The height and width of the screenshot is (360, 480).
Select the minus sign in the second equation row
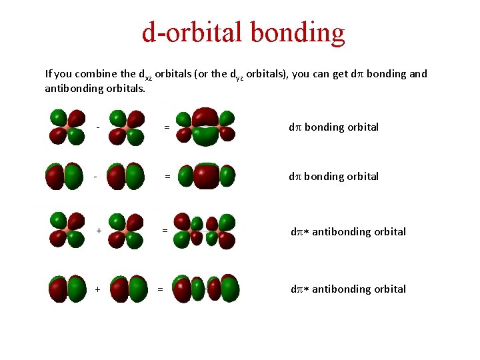pyautogui.click(x=96, y=177)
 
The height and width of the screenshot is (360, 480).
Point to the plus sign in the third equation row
pyautogui.click(x=99, y=231)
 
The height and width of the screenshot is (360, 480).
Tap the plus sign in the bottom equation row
pyautogui.click(x=98, y=289)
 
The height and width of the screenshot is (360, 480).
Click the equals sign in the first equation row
pyautogui.click(x=167, y=127)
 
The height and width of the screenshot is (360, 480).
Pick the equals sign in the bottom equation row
pyautogui.click(x=159, y=289)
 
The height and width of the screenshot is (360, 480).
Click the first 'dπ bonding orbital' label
pyautogui.click(x=333, y=127)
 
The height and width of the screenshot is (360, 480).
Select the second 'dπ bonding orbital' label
pyautogui.click(x=333, y=176)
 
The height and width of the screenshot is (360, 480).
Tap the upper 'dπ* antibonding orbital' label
pyautogui.click(x=348, y=231)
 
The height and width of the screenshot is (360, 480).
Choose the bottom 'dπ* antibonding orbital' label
pyautogui.click(x=348, y=289)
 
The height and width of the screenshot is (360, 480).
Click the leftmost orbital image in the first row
pyautogui.click(x=67, y=127)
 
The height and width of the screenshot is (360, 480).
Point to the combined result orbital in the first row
pyautogui.click(x=206, y=126)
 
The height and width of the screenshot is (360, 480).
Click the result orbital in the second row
pyautogui.click(x=207, y=176)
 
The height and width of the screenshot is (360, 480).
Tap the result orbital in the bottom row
pyautogui.click(x=206, y=288)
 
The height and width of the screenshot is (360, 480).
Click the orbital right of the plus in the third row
pyautogui.click(x=127, y=231)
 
